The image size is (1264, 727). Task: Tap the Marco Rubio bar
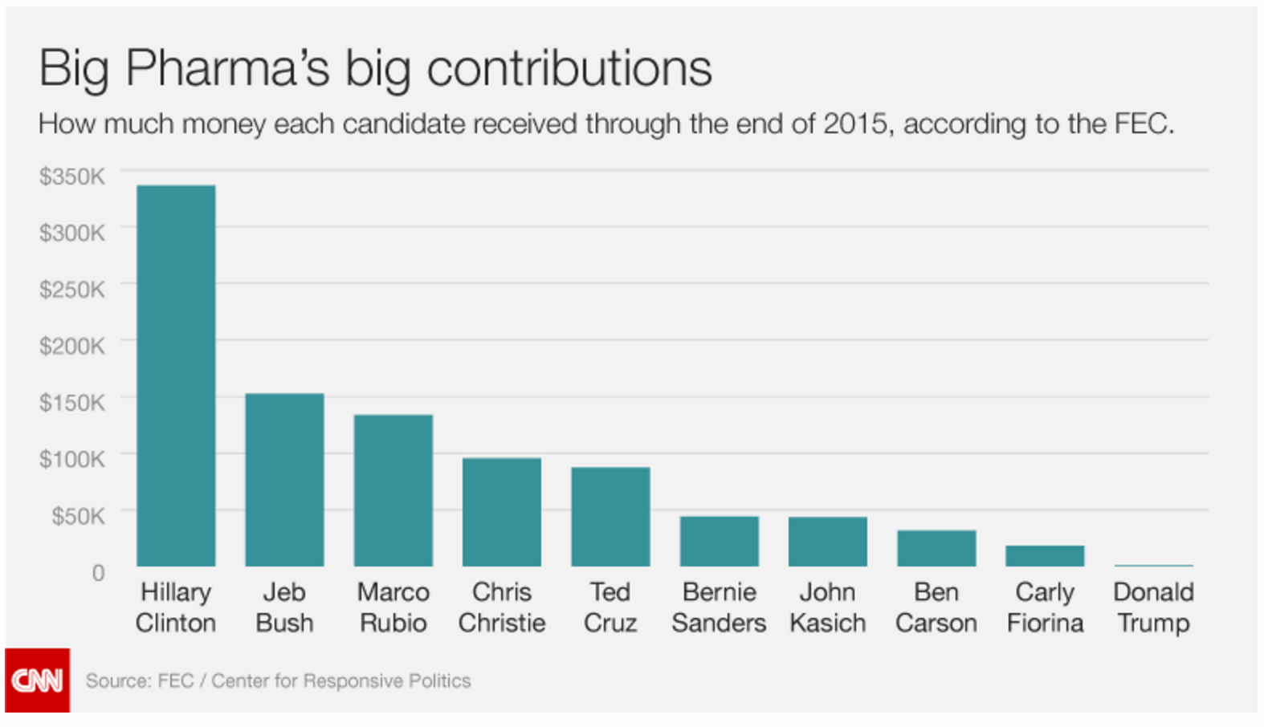393,490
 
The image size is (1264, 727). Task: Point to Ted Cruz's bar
610,517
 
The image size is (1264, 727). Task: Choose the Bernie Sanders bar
719,542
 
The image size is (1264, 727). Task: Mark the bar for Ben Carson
936,548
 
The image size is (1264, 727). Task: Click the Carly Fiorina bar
1045,556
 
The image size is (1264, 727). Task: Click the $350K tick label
72,177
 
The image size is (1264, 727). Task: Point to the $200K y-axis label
72,346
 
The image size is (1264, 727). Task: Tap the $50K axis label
78,516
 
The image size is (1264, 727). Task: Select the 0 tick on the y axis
98,573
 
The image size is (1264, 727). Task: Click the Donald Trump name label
1153,607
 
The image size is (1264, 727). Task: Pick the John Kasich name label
827,607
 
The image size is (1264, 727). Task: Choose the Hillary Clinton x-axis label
176,607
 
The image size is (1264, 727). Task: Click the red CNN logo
37,680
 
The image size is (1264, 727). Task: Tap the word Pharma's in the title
227,68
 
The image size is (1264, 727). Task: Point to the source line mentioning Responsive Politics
278,681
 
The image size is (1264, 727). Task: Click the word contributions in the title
569,68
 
